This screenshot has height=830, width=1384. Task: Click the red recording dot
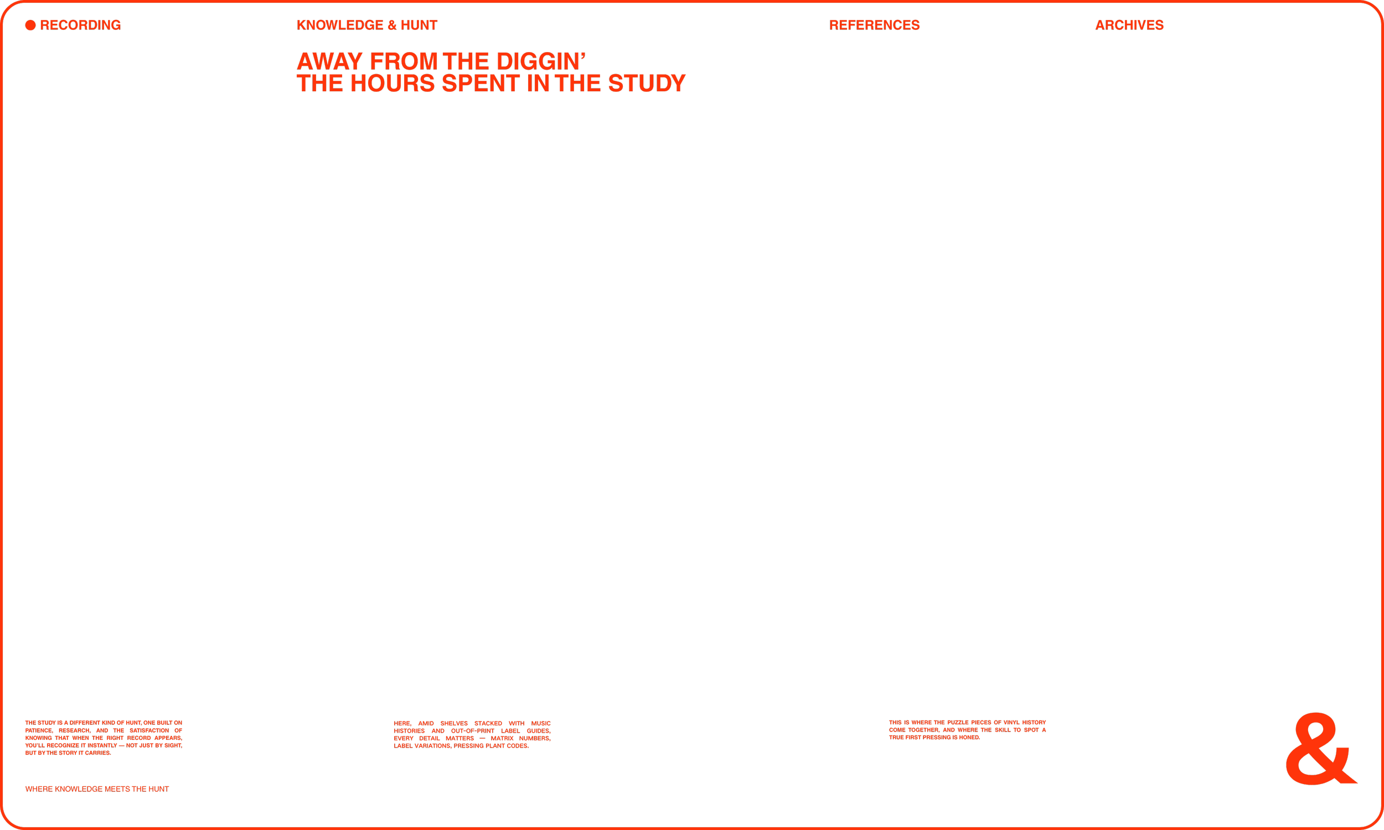[x=30, y=25]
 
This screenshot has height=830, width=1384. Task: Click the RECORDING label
[x=80, y=25]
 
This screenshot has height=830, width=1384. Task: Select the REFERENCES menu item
[x=874, y=25]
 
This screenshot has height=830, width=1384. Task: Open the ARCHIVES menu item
[x=1129, y=25]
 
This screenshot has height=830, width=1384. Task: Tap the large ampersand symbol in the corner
[x=1320, y=749]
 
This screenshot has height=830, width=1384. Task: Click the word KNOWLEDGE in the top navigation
[x=339, y=25]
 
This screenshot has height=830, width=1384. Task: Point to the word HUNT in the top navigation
[x=419, y=25]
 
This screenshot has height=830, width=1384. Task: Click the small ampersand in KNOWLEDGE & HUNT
[x=391, y=25]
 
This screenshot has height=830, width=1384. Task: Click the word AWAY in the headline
[x=329, y=61]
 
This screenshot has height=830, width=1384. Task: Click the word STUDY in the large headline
[x=647, y=84]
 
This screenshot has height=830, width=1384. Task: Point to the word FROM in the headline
[x=404, y=61]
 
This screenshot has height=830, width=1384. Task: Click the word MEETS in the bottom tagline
[x=117, y=789]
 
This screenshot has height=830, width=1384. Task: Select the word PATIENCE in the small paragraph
[x=39, y=730]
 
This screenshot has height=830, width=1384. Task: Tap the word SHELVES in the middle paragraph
[x=454, y=724]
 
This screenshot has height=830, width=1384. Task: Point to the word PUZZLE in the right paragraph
[x=958, y=723]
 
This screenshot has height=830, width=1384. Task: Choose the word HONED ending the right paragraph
[x=969, y=737]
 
